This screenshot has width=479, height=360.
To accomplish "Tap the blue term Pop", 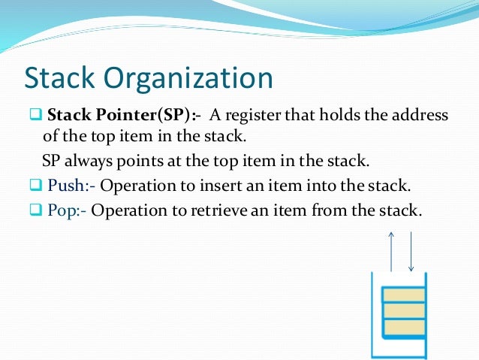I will click(65, 210).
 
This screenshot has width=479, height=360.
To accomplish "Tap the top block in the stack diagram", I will click(403, 293).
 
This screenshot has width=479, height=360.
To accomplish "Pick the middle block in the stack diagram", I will click(403, 310).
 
